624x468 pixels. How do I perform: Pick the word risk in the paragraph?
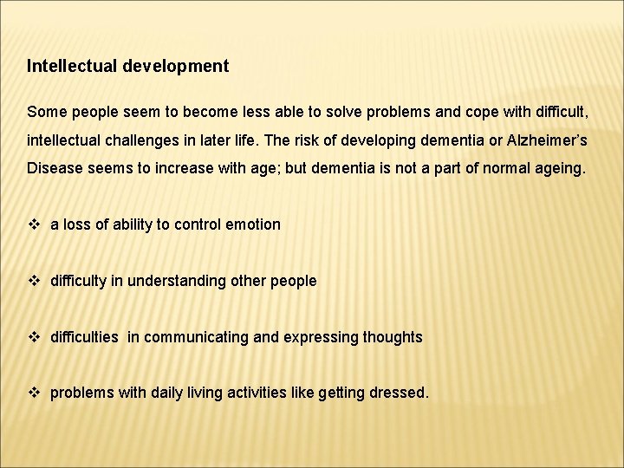(320, 140)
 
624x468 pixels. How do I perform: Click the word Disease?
(55, 167)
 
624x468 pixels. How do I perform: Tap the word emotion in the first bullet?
(252, 224)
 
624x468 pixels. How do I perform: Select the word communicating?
(196, 337)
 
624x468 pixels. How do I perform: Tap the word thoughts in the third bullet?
(392, 337)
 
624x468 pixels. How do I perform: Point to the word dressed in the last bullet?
(400, 393)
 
